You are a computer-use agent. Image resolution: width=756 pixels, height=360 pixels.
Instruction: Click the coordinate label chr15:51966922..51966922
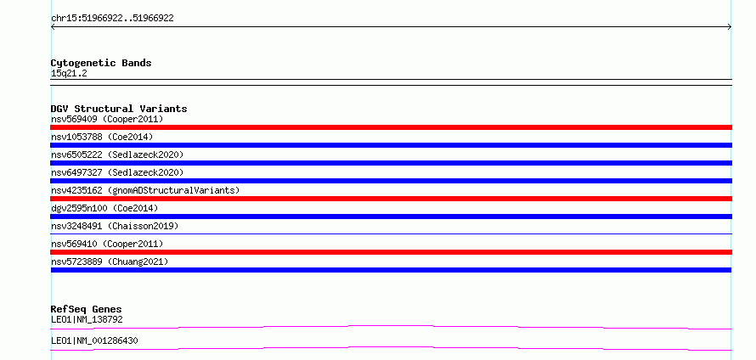112,19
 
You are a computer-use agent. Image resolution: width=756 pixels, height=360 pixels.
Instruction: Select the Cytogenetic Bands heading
101,63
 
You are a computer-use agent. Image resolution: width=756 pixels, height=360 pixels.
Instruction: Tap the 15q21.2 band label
69,74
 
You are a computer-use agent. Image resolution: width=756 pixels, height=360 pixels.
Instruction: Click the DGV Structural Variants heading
119,109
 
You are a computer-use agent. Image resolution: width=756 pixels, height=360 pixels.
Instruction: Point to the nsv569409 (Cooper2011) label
107,119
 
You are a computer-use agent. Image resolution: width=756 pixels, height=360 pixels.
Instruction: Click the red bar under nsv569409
391,127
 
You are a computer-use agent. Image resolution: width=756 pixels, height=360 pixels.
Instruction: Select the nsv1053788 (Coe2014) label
102,137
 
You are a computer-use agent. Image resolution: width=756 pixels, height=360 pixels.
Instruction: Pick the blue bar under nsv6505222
391,163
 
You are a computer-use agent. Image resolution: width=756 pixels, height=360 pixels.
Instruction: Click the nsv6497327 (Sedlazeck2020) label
117,172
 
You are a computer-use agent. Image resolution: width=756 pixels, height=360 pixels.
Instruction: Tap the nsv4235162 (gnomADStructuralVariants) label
145,190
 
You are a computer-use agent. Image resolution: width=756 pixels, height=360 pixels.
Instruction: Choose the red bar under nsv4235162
391,199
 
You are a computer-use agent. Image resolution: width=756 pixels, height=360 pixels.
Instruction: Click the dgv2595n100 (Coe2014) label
104,208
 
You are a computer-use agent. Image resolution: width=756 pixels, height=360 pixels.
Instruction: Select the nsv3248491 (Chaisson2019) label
115,226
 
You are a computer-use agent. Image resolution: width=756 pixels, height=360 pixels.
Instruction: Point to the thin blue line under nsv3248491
391,233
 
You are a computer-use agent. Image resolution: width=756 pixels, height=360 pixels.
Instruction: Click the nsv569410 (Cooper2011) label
107,244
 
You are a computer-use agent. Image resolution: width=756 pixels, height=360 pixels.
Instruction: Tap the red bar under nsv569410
391,252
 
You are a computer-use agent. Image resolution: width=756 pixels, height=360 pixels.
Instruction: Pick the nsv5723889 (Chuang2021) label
110,262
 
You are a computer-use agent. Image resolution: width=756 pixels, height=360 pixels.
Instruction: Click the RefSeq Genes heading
87,309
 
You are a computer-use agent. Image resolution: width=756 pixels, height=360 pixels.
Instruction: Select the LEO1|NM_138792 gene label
87,319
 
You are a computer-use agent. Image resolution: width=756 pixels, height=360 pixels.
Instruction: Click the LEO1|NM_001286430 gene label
94,340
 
